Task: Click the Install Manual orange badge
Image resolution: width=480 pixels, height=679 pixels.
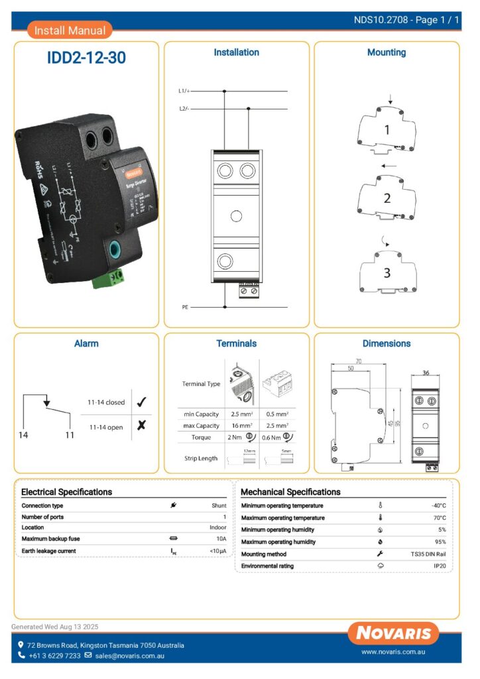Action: click(x=70, y=30)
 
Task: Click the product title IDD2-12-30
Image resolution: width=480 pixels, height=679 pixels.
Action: click(x=86, y=58)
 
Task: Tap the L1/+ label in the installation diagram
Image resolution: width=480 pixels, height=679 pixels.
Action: click(x=184, y=90)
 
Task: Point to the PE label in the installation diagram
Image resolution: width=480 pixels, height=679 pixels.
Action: click(x=185, y=307)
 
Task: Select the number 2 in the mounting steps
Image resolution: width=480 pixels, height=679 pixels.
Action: click(x=387, y=198)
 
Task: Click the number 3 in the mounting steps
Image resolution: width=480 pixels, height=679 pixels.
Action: click(x=387, y=273)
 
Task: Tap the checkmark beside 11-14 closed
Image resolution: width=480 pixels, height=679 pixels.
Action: click(x=141, y=402)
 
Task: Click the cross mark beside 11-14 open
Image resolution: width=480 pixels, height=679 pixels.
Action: click(x=141, y=426)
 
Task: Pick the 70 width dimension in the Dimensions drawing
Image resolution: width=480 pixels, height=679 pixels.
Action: click(x=359, y=362)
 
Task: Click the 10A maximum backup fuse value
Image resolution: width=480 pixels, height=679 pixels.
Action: click(x=220, y=539)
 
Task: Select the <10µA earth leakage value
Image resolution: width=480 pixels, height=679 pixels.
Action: click(x=218, y=551)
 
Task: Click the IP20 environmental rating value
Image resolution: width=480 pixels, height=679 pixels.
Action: click(x=440, y=566)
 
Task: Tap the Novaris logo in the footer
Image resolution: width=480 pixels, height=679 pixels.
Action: click(x=393, y=633)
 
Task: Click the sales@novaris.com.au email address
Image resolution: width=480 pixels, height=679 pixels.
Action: click(x=129, y=656)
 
